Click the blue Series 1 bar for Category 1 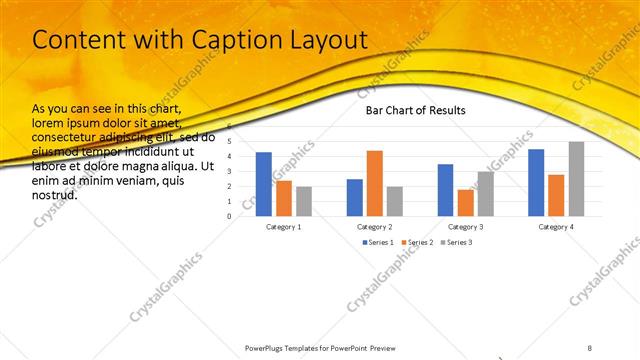(264, 184)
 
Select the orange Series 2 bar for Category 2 (375, 183)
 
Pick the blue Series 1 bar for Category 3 (445, 190)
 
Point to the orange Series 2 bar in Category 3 (465, 202)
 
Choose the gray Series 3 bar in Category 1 (304, 201)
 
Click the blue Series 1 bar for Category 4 (536, 182)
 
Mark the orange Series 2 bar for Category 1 (284, 198)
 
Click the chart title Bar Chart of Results (415, 111)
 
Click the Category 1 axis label (284, 227)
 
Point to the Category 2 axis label (375, 227)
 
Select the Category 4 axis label (556, 227)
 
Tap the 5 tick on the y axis (229, 141)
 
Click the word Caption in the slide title (234, 40)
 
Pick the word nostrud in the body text (55, 195)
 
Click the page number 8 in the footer (590, 346)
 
